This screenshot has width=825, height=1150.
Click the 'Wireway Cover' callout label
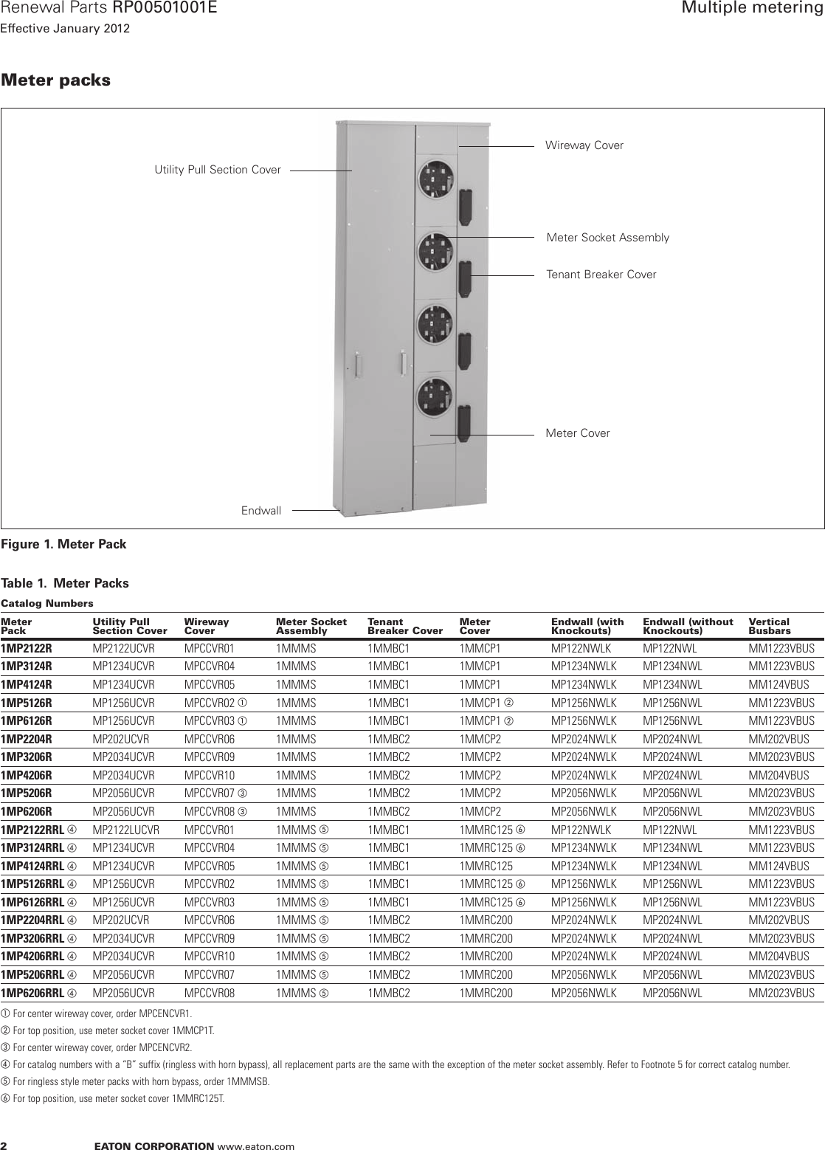coord(584,145)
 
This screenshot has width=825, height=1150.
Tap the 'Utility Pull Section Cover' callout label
coord(218,170)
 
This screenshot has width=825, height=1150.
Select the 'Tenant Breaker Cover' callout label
coord(601,275)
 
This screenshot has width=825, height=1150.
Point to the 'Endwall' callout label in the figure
coord(261,510)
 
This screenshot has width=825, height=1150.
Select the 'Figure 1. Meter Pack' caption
coord(63,545)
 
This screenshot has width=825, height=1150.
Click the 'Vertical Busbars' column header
coord(769,627)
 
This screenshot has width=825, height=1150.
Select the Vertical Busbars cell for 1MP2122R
coord(781,649)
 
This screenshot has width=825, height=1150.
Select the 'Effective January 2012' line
coord(65,30)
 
